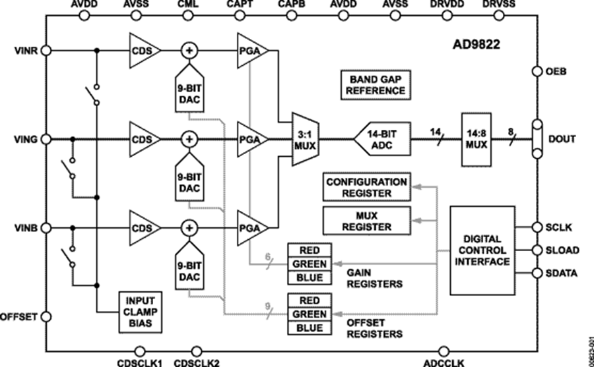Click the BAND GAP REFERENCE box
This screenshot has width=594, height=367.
[x=373, y=84]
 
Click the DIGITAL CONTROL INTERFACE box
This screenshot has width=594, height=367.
[x=482, y=250]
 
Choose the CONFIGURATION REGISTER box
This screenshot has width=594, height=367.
[x=366, y=188]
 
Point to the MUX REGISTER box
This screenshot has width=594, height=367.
[x=366, y=220]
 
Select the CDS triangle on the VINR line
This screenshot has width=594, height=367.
[x=145, y=50]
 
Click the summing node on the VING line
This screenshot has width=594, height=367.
[x=189, y=140]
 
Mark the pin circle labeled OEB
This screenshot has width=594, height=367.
[x=535, y=71]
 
